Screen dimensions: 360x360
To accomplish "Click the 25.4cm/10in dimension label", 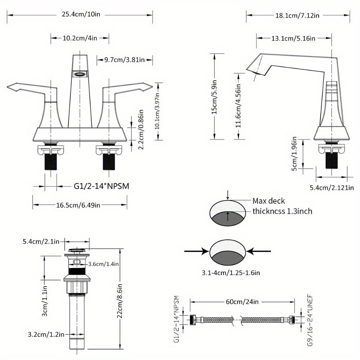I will point(80,15).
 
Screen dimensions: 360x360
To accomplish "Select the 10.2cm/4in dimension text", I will point(80,38).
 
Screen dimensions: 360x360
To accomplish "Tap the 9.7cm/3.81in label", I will point(124,60).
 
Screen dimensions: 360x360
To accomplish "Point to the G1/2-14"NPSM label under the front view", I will point(102,186).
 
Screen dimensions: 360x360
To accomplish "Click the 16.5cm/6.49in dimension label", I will point(78,205).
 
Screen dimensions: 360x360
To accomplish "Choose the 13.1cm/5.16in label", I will point(293,38).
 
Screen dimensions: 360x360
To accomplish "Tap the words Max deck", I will point(269,201).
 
